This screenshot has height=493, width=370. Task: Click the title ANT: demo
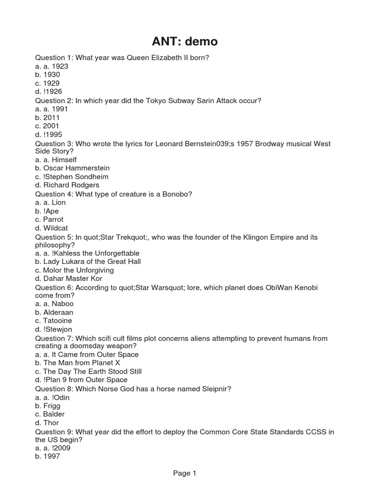click(185, 42)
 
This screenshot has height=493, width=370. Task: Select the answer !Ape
click(51, 211)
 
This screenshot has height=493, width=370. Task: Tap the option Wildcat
click(53, 228)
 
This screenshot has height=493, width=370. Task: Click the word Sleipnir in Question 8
click(214, 389)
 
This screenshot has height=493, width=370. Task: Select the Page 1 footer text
click(185, 474)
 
